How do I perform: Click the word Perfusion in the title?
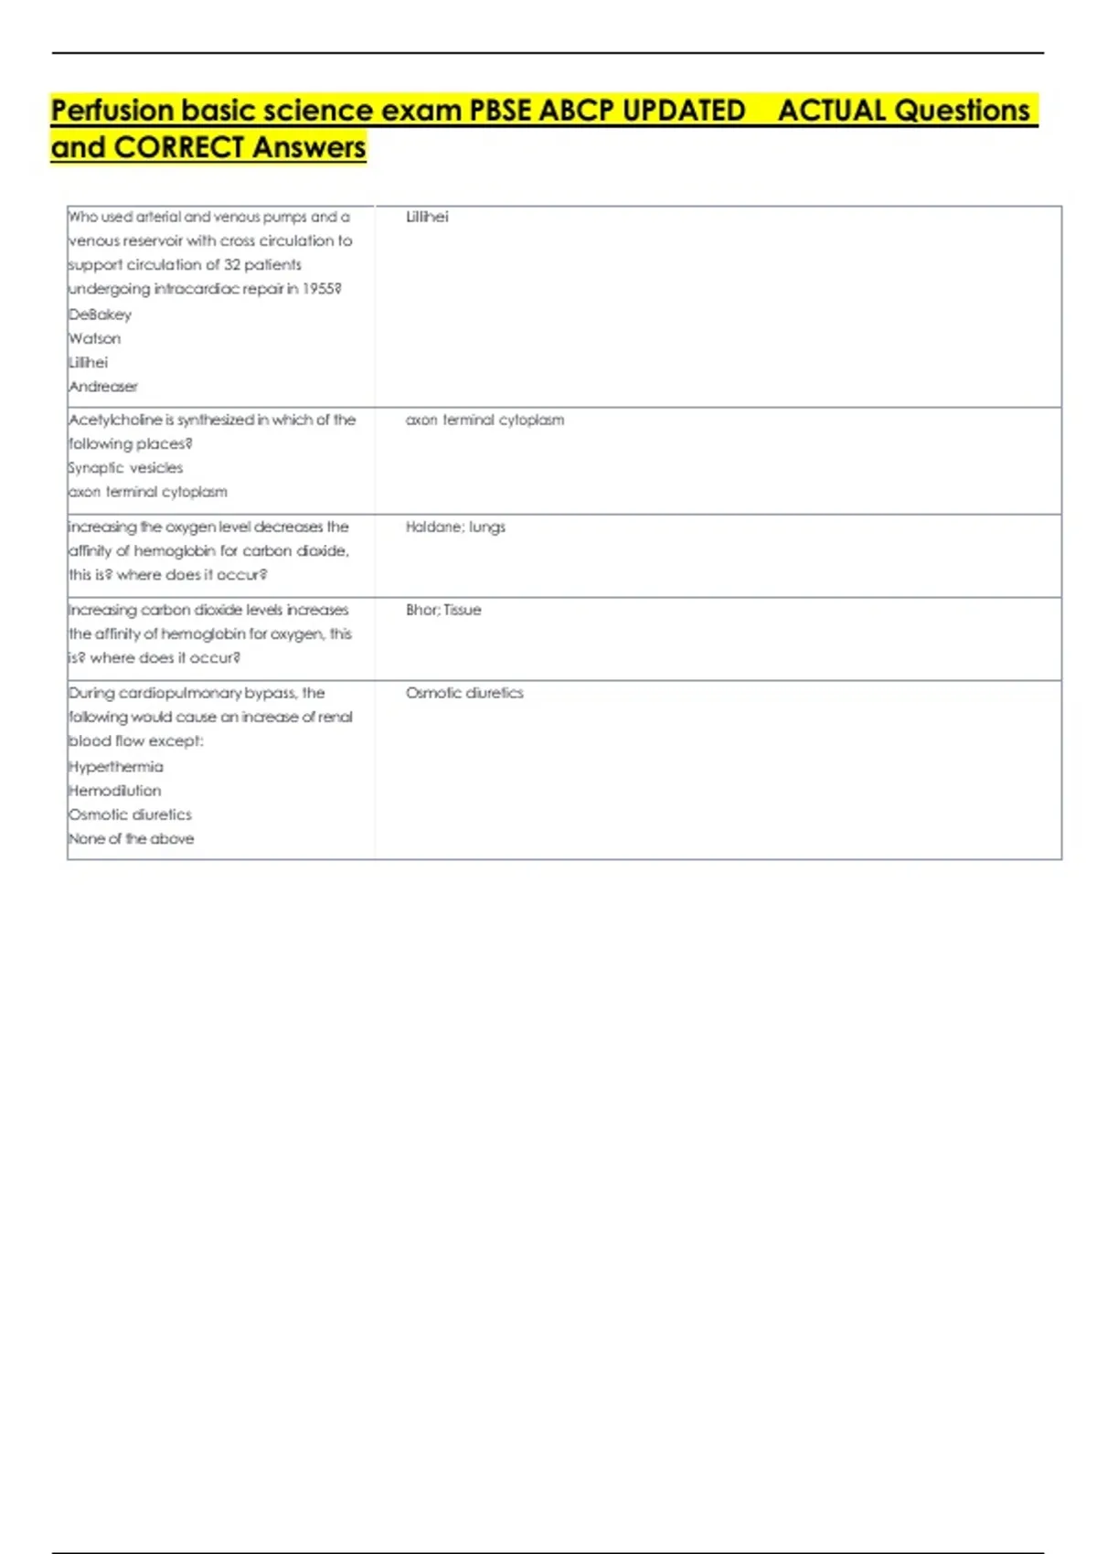pos(112,111)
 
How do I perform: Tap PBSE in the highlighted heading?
pos(500,111)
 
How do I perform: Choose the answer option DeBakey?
pos(101,314)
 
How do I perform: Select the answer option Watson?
pos(95,338)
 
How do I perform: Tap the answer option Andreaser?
pos(103,387)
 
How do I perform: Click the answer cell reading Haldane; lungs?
pos(455,527)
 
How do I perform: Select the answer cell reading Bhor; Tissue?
pos(443,610)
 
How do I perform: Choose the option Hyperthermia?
pos(116,767)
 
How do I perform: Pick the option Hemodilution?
pos(115,791)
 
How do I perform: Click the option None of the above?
pos(132,839)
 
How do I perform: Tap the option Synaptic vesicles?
pos(126,468)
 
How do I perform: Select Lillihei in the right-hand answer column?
pos(427,217)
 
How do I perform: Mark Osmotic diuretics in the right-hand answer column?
pos(464,693)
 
